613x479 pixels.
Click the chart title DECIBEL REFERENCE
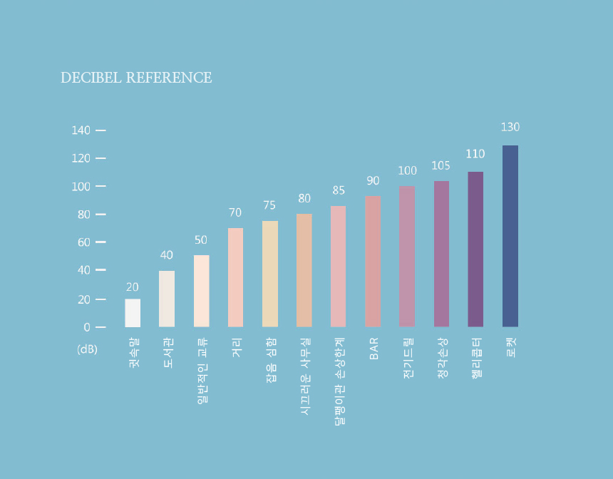tap(136, 78)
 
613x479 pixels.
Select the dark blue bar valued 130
tap(510, 236)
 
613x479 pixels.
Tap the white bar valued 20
tap(133, 313)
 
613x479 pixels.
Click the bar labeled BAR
tap(373, 262)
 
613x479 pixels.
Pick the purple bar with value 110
tap(475, 249)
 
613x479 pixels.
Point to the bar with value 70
tap(235, 277)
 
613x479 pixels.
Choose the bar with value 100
tap(407, 257)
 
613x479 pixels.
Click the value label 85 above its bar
tap(339, 190)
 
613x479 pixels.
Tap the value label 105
tap(441, 166)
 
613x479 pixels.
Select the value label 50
tap(201, 240)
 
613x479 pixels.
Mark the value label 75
tap(269, 205)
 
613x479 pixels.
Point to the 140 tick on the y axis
tap(81, 130)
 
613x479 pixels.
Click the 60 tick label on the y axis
tap(84, 242)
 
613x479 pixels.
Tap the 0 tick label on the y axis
tap(87, 327)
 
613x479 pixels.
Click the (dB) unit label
tap(87, 349)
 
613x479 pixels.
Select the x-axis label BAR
tap(374, 349)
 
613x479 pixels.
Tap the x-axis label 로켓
tap(510, 347)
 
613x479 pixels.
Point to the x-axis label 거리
tap(236, 347)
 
